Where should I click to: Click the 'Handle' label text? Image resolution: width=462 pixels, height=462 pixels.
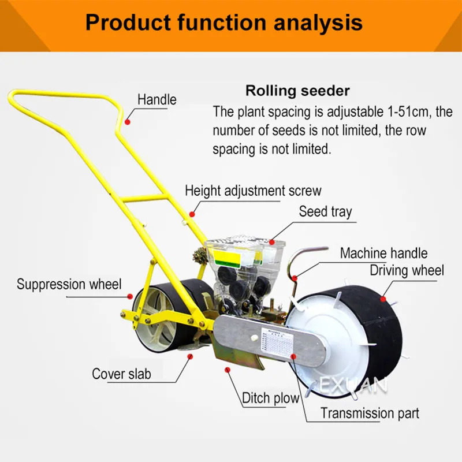click(x=157, y=99)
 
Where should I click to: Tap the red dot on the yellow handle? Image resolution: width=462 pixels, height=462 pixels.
click(x=128, y=122)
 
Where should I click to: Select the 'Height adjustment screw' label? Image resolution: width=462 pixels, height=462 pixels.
click(x=253, y=190)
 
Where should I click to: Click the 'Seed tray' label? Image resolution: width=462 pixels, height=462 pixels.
click(x=325, y=212)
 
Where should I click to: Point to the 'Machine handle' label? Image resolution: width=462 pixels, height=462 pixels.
click(x=383, y=253)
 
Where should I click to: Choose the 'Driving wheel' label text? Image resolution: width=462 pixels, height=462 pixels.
click(x=407, y=270)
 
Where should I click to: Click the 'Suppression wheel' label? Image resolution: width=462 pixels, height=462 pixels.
click(x=69, y=284)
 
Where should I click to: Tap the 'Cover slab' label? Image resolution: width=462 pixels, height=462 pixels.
click(x=121, y=374)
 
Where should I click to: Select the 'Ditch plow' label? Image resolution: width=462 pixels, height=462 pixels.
click(x=271, y=398)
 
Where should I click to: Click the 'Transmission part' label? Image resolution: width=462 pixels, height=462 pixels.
click(x=370, y=413)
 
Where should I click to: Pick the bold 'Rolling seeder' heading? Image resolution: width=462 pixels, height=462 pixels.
click(x=297, y=91)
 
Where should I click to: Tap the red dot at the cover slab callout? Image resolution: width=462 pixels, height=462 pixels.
click(x=189, y=356)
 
